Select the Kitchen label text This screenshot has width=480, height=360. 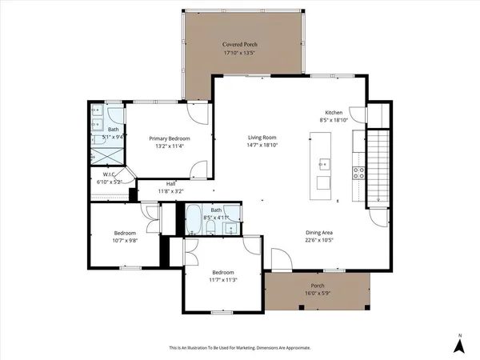334,112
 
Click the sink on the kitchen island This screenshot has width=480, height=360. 323,165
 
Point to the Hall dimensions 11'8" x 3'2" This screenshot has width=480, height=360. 170,192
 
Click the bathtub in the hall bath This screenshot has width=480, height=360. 193,220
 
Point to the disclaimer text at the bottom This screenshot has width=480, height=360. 240,348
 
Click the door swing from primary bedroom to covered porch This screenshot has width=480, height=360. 200,112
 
